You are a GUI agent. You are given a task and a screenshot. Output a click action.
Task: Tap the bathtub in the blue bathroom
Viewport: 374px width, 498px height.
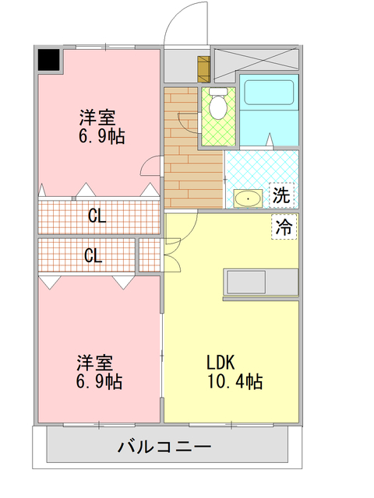pos(269,92)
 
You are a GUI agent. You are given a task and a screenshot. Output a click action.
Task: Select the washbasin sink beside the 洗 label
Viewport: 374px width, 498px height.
pos(248,198)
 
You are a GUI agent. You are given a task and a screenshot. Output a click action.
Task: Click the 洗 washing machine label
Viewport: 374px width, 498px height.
pos(281,195)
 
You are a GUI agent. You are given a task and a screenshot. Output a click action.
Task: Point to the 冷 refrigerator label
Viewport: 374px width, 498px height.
pos(284,226)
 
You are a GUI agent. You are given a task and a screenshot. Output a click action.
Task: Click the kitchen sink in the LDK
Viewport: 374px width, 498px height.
pos(246,282)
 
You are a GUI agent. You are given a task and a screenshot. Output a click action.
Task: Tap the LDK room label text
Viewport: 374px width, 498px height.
pos(221,363)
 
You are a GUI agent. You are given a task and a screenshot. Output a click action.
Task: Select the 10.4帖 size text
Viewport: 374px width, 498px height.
pos(235,381)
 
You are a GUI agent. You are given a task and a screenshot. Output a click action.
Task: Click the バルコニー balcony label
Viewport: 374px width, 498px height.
pos(164,447)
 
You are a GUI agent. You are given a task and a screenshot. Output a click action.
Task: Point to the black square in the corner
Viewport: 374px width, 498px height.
pos(49,60)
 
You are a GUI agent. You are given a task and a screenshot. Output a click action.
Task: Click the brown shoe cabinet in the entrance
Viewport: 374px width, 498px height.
pos(204,69)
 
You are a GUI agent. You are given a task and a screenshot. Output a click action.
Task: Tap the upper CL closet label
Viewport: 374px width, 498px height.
pos(97,216)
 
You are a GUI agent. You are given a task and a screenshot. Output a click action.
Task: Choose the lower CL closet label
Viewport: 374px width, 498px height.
pos(93,255)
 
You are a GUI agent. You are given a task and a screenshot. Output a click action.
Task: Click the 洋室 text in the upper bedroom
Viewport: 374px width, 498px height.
pos(97,117)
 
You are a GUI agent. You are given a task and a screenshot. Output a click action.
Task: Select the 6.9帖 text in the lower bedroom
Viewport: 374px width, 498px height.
pos(99,381)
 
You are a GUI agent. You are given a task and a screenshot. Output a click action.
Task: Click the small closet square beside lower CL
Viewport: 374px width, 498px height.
pos(150,254)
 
